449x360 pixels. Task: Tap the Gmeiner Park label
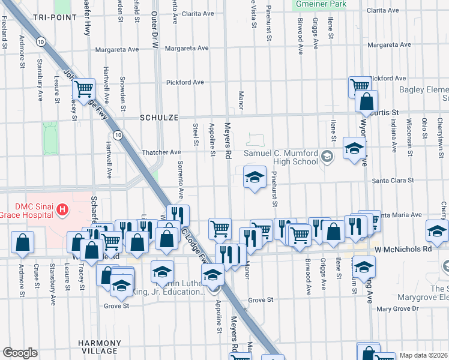click(x=321, y=4)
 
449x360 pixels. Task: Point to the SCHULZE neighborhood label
click(x=159, y=118)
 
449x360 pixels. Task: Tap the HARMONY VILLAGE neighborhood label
click(x=98, y=346)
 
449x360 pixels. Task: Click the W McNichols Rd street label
click(x=403, y=248)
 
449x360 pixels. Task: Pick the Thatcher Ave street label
click(x=161, y=152)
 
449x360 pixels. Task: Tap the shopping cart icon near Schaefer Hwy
click(x=83, y=89)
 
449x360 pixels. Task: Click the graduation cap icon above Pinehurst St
click(x=255, y=176)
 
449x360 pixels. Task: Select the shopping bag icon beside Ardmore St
click(x=22, y=242)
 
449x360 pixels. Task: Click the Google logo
click(x=20, y=353)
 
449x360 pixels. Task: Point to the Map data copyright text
click(x=423, y=355)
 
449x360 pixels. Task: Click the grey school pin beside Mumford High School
click(x=327, y=157)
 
